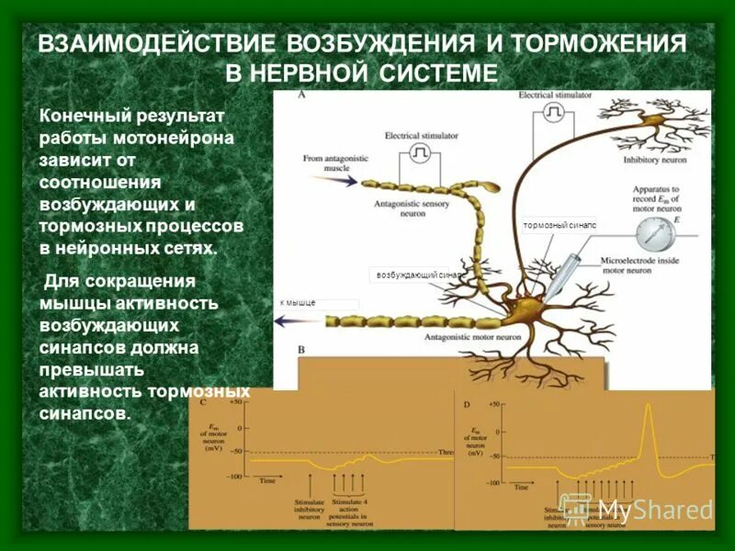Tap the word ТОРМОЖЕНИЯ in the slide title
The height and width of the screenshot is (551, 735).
click(x=599, y=45)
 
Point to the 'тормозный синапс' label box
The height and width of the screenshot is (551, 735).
click(x=560, y=224)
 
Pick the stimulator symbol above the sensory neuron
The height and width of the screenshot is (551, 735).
click(x=421, y=150)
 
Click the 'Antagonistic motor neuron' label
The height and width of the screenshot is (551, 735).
click(x=465, y=337)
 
